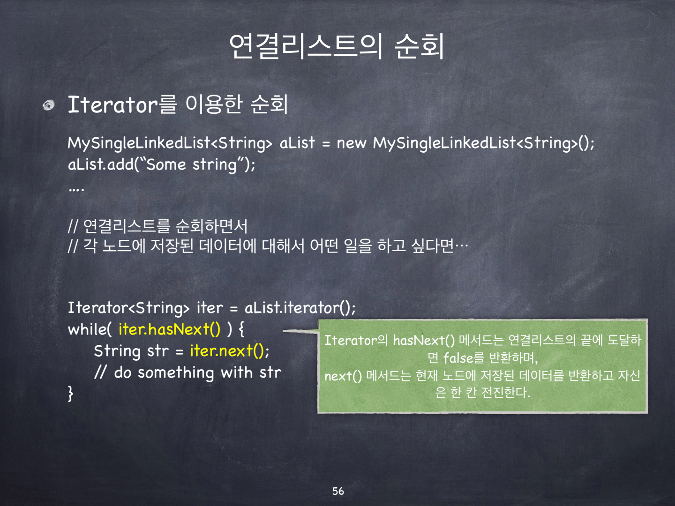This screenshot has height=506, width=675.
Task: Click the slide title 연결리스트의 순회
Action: pos(337,46)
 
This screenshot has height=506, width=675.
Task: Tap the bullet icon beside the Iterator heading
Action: pos(49,105)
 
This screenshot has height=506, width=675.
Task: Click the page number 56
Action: pos(338,491)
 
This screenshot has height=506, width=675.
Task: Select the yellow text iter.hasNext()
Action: pos(169,329)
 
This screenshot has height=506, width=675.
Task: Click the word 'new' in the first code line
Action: pos(352,143)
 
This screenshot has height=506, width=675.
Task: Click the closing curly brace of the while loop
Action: pos(71,394)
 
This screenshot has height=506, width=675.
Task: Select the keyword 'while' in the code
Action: pos(87,329)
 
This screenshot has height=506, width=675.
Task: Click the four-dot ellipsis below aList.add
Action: pos(76,190)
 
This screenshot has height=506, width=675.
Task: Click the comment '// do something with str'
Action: pos(187,372)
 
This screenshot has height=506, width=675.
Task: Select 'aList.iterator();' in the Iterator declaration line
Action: pos(300,308)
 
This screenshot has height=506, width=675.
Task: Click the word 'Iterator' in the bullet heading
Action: pos(113,105)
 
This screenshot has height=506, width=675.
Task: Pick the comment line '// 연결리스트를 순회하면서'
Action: pos(157,226)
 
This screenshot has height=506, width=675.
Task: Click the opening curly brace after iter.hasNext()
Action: pos(241,329)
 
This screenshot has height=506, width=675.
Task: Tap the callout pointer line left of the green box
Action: pos(300,331)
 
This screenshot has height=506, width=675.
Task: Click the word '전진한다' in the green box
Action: pos(506,392)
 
